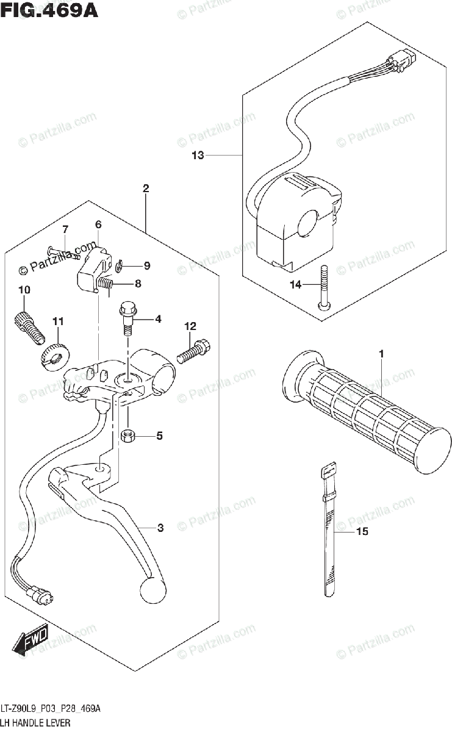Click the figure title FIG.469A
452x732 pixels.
[x=50, y=10]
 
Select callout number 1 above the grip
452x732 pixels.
[x=381, y=354]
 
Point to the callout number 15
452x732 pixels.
[x=362, y=532]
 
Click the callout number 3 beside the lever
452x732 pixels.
[x=160, y=528]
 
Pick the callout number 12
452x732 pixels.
[x=190, y=327]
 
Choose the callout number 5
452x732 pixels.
[x=159, y=436]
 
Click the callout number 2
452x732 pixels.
[x=146, y=188]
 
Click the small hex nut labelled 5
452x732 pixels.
[x=129, y=436]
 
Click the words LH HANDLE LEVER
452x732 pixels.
[x=36, y=723]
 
